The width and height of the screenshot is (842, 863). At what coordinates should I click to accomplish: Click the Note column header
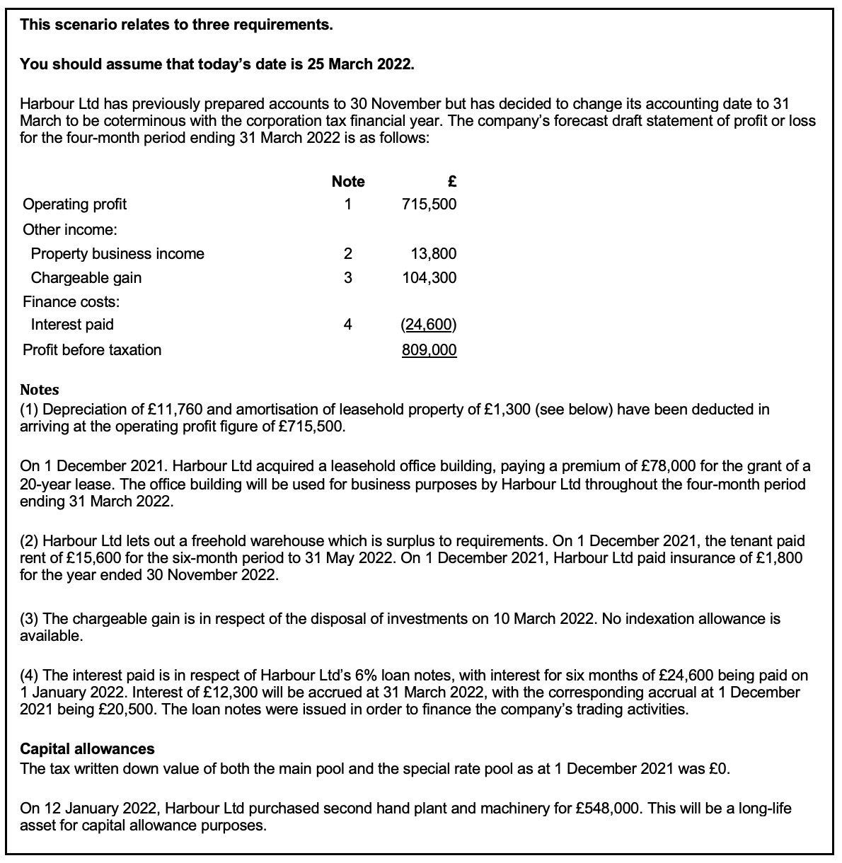[x=347, y=182]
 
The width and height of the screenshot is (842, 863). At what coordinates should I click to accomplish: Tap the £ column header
[x=452, y=182]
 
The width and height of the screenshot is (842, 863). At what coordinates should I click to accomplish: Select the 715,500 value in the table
[x=429, y=204]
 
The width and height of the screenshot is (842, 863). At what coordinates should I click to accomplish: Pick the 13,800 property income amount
[x=433, y=254]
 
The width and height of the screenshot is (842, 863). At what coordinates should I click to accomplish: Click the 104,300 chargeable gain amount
[x=429, y=278]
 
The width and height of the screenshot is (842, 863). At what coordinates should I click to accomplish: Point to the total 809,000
[x=429, y=350]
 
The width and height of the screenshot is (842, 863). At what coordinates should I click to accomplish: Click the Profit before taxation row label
[x=92, y=350]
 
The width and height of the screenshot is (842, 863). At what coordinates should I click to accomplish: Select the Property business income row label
[x=117, y=254]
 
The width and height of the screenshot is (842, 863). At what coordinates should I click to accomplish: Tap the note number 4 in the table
[x=347, y=325]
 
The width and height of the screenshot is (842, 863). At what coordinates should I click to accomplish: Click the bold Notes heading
[x=40, y=390]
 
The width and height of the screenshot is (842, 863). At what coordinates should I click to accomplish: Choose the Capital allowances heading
[x=87, y=749]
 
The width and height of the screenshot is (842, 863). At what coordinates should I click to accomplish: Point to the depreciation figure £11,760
[x=180, y=410]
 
